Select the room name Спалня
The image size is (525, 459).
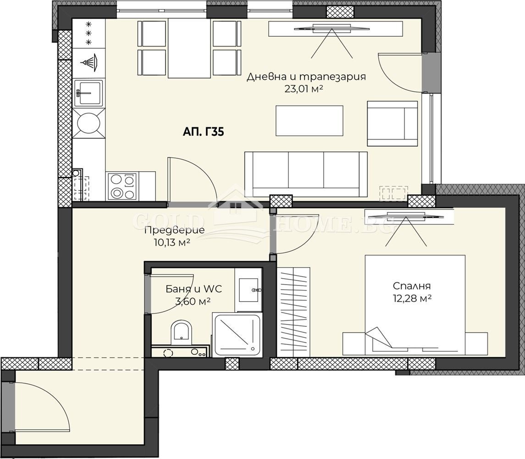[x=412, y=286]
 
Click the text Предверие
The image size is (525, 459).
[x=174, y=230]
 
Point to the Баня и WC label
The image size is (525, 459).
[x=193, y=289]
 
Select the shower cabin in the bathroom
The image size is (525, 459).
[x=237, y=335]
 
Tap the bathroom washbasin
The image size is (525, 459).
[x=248, y=289]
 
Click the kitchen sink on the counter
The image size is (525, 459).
[x=88, y=93]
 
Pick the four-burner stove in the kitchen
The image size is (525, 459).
[x=122, y=186]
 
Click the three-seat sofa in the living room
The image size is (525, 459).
[x=306, y=174]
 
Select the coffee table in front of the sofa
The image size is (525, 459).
[x=309, y=121]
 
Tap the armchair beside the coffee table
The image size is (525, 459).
[x=392, y=123]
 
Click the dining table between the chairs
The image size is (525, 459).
[x=189, y=48]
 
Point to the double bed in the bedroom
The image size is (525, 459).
[x=415, y=305]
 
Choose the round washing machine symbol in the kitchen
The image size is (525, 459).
[x=88, y=123]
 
